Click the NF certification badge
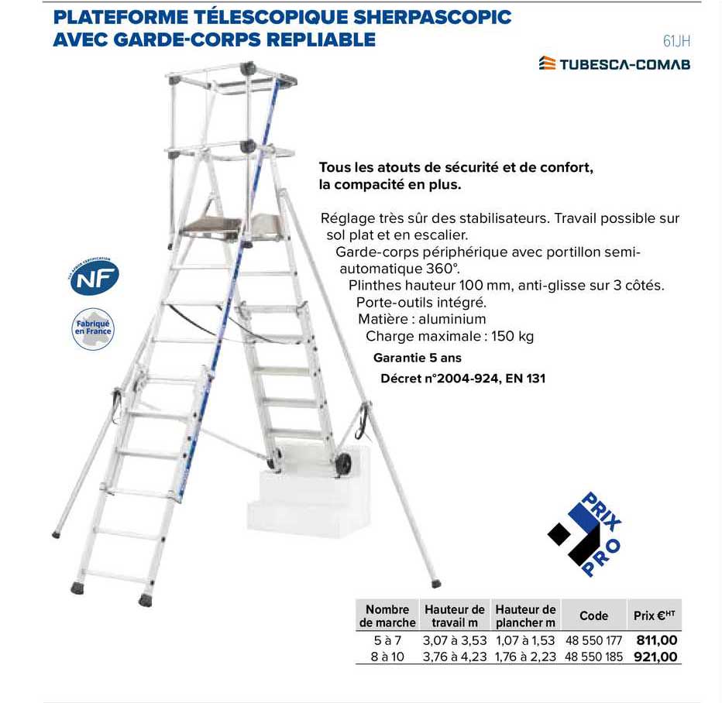(93, 277)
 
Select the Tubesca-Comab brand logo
(614, 64)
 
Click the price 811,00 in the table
(656, 640)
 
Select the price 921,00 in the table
(656, 657)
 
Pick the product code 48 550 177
(594, 640)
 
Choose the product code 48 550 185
(594, 657)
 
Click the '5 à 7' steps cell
(387, 640)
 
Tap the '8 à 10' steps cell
(387, 657)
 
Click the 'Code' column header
(593, 616)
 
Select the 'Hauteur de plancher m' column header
(525, 616)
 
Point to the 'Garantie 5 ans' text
(417, 358)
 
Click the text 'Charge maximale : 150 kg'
(449, 337)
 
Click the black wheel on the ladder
(343, 465)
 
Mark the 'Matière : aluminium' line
(421, 319)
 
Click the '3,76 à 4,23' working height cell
(455, 657)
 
